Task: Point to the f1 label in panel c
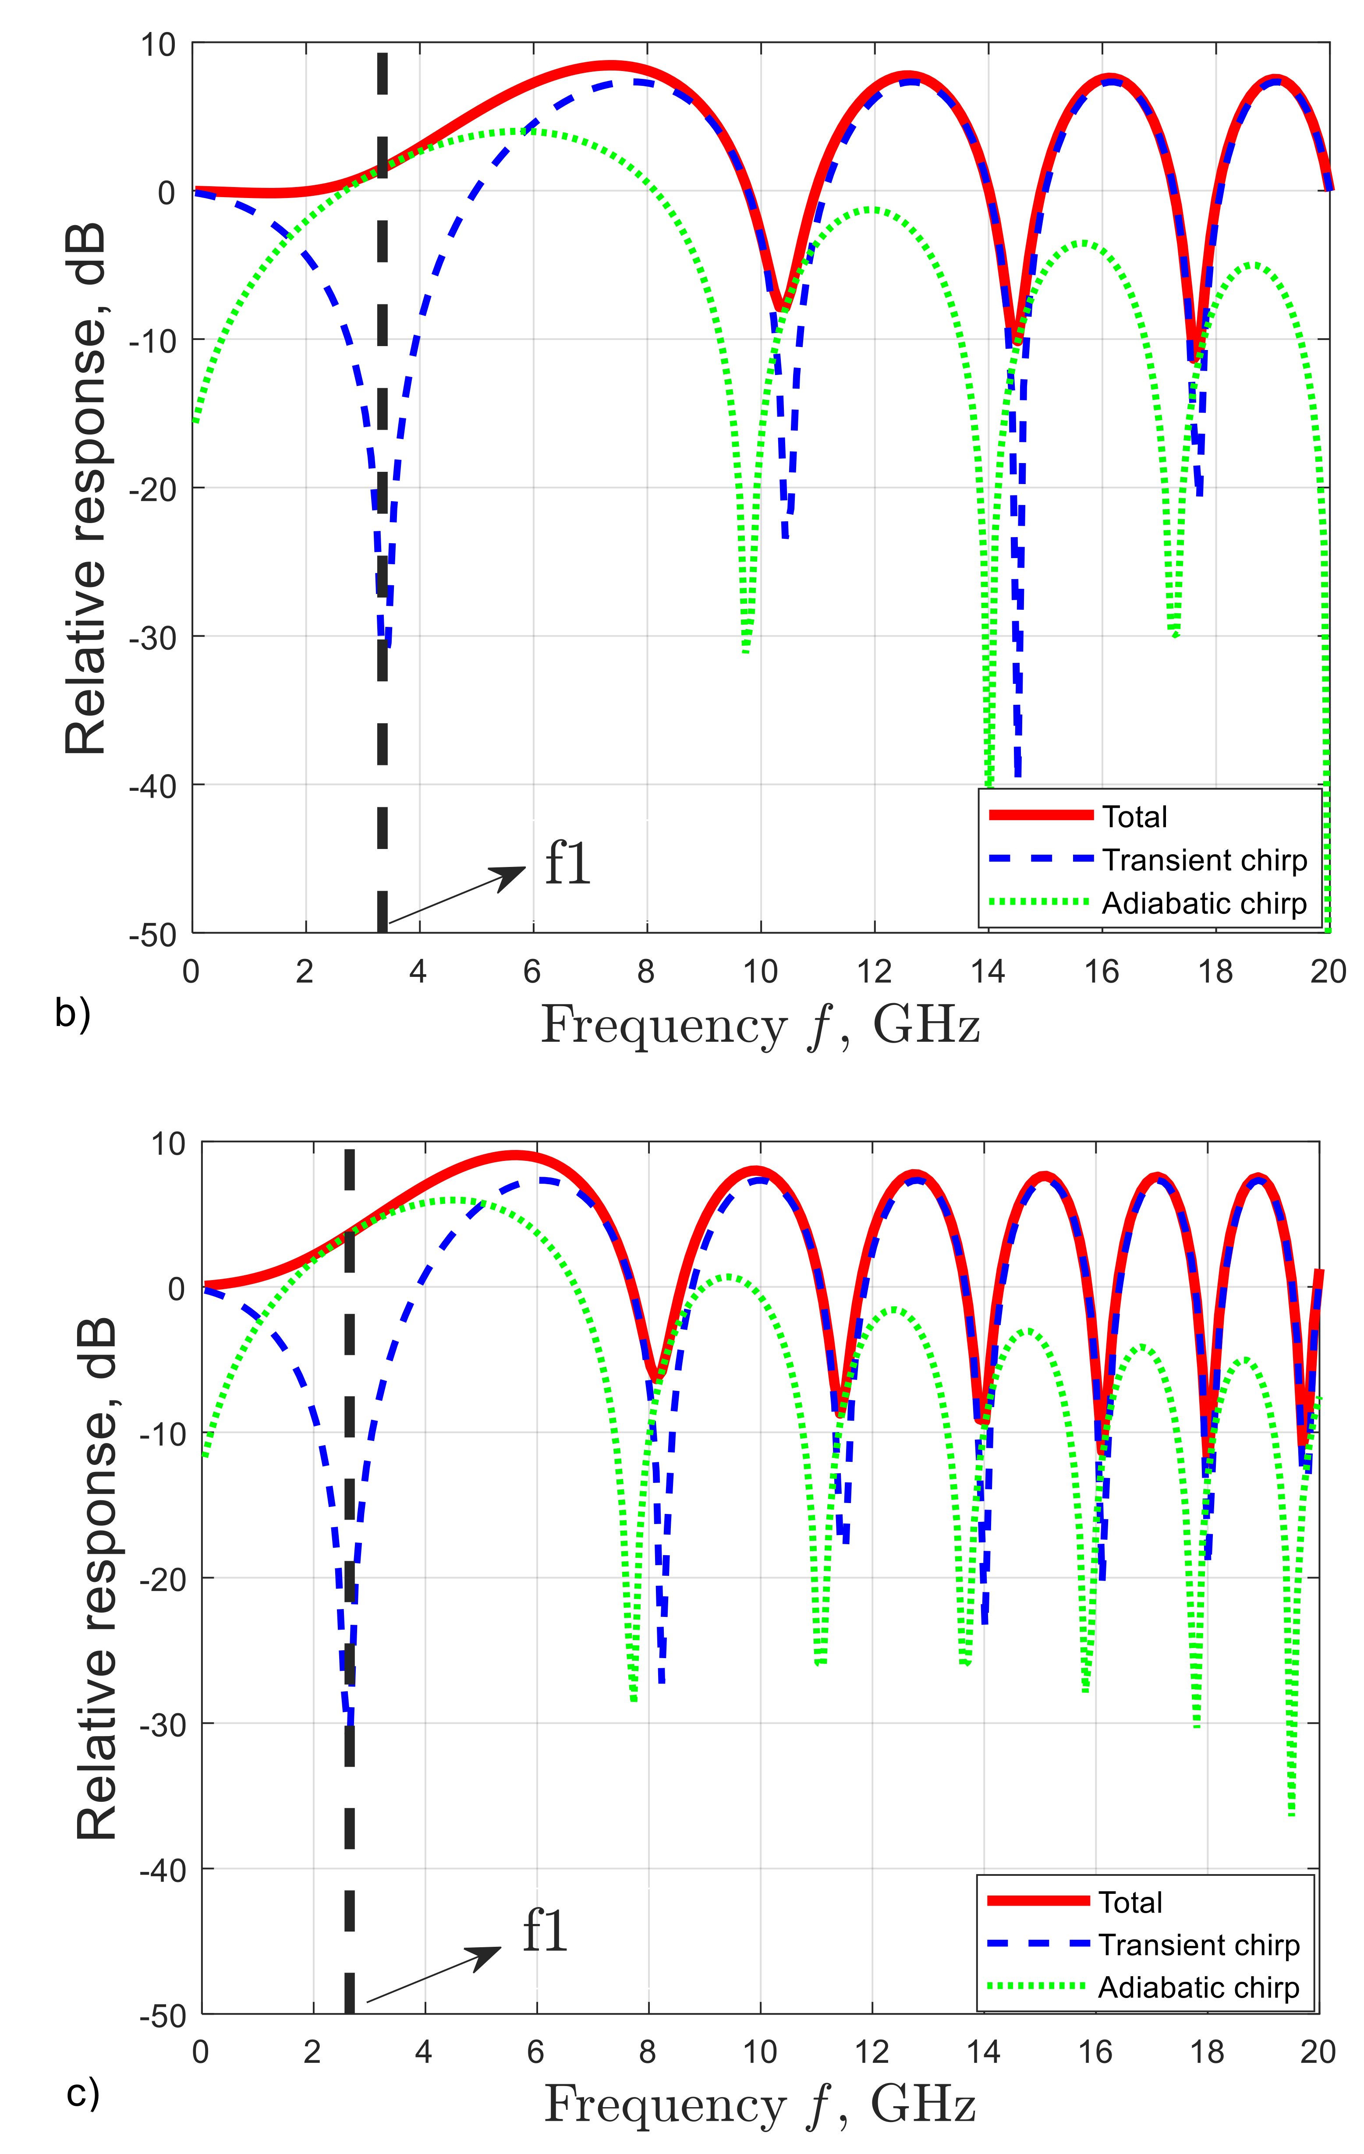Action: pos(545,1931)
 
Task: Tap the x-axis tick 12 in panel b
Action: pos(874,972)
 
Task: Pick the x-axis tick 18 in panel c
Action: pos(1207,2051)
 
